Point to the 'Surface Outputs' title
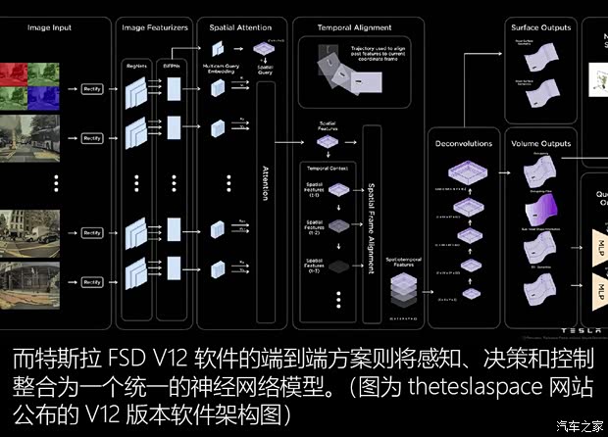click(540, 27)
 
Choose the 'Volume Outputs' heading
click(540, 144)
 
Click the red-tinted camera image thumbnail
click(15, 72)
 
